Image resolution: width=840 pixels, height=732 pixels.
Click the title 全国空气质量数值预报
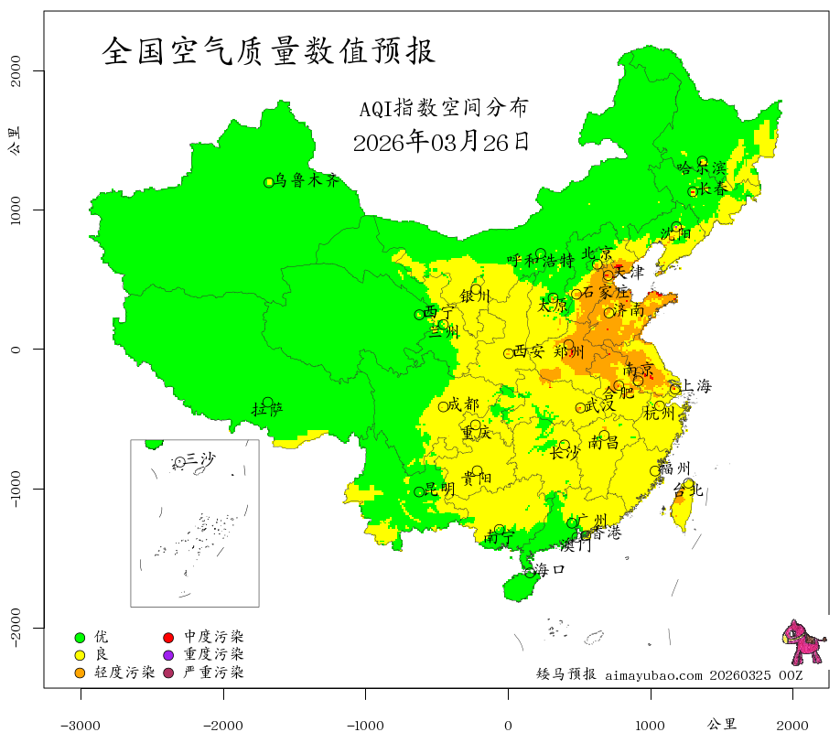click(x=269, y=50)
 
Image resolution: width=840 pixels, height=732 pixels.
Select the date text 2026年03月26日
click(x=441, y=142)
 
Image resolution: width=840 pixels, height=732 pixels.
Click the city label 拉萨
click(x=267, y=409)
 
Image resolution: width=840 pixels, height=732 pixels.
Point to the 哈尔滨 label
click(x=701, y=167)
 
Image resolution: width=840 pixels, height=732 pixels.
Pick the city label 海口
click(x=550, y=569)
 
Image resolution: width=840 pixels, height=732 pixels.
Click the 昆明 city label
click(x=440, y=490)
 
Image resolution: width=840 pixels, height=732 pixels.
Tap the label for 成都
click(x=465, y=404)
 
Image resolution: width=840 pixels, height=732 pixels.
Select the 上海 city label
click(x=696, y=386)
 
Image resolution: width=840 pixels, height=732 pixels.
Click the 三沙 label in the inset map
click(x=200, y=458)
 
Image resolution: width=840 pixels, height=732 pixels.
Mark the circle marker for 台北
click(x=688, y=483)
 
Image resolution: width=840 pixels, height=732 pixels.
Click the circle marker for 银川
click(x=476, y=289)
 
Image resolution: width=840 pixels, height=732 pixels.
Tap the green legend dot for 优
click(x=80, y=637)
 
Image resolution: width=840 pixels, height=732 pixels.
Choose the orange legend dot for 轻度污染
click(x=80, y=673)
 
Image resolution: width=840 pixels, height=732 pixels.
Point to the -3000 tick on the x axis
click(x=81, y=725)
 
